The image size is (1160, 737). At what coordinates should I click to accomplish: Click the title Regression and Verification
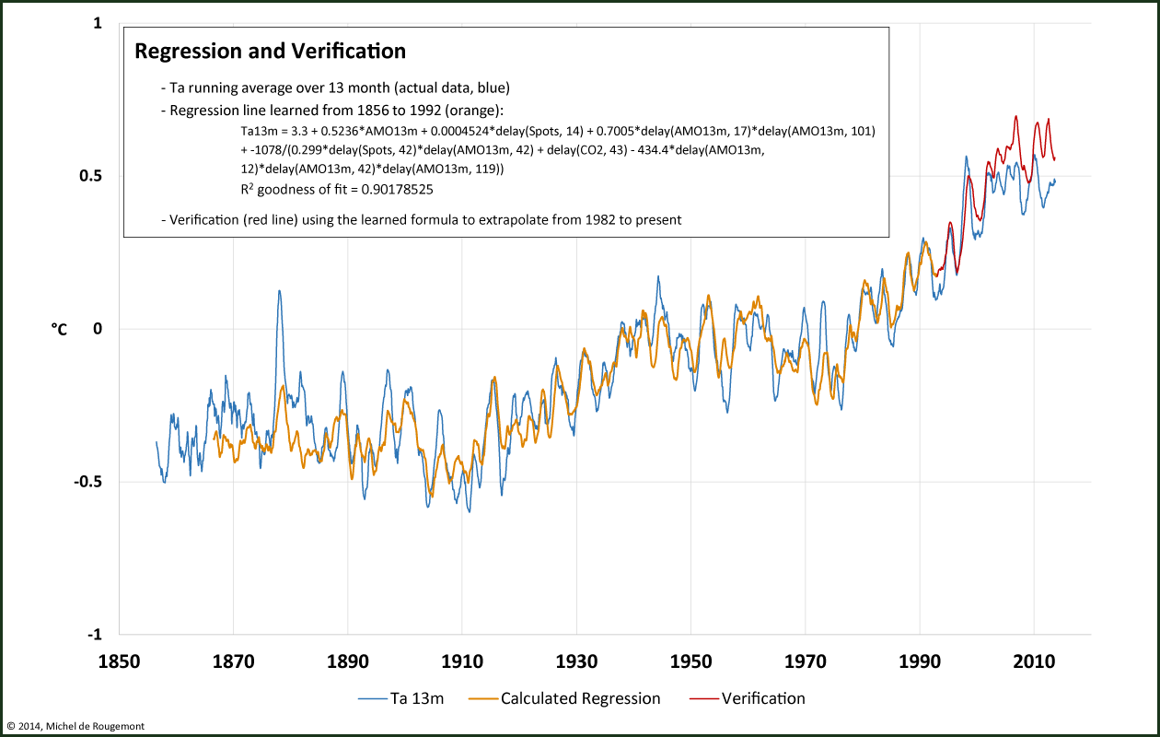click(270, 52)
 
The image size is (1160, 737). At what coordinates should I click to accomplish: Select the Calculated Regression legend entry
click(580, 698)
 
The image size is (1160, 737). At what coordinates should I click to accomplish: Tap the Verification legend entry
click(763, 698)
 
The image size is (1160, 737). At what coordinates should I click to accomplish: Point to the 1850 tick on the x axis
click(119, 661)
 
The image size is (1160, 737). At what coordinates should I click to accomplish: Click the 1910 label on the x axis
click(462, 661)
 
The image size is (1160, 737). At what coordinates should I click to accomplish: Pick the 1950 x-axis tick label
click(690, 661)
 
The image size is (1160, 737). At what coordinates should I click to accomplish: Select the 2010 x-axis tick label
click(1034, 661)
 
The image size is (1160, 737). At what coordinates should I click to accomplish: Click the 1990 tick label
click(920, 661)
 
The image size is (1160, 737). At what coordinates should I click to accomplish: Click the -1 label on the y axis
click(94, 635)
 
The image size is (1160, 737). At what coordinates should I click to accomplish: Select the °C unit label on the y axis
click(58, 329)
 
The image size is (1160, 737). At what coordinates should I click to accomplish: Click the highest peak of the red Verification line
click(1015, 117)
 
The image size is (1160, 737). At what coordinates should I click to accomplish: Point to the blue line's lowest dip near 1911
click(470, 511)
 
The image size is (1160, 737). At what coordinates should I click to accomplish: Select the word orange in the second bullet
click(473, 111)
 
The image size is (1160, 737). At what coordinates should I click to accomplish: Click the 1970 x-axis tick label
click(805, 661)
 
